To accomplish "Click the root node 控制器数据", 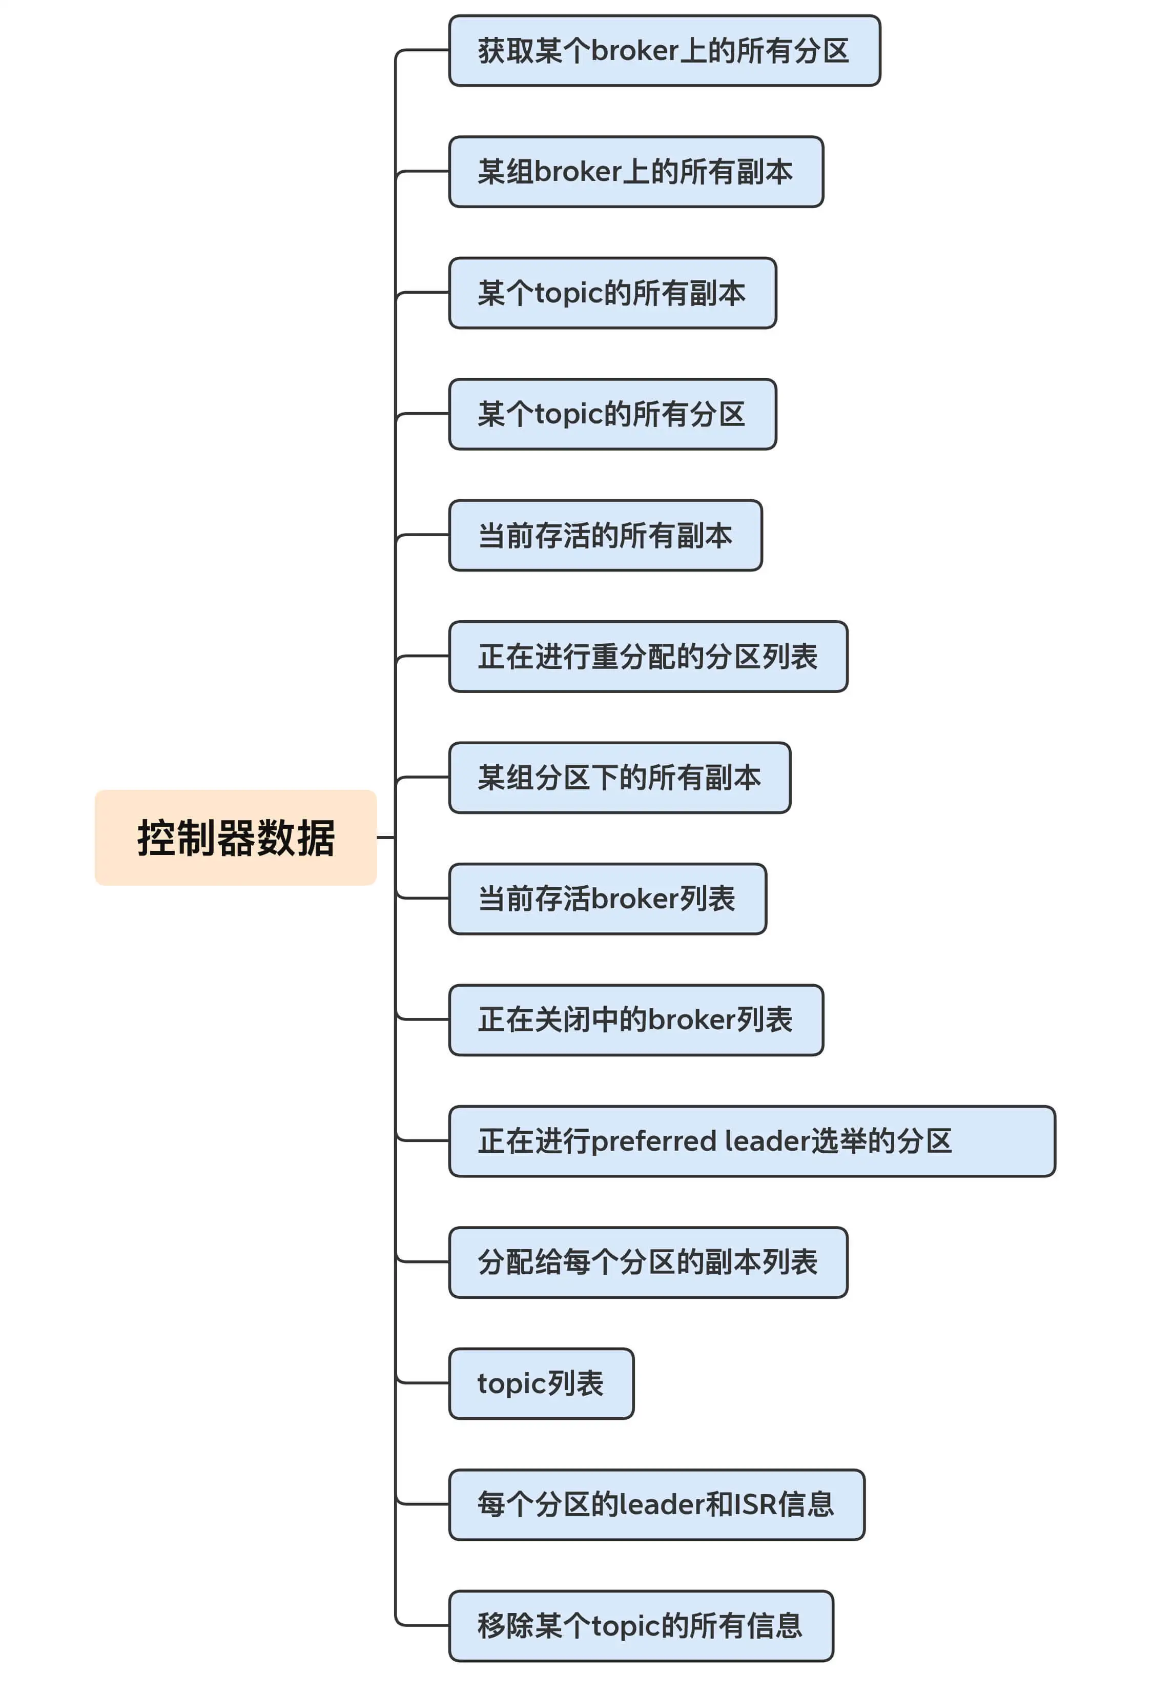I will pyautogui.click(x=235, y=837).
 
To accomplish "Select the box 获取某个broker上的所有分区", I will pyautogui.click(x=664, y=50).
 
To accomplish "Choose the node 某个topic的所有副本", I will pyautogui.click(x=612, y=292).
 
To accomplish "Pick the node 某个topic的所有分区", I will pyautogui.click(x=612, y=414).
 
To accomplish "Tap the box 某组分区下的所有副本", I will pyautogui.click(x=619, y=777).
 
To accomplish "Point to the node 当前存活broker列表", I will pyautogui.click(x=607, y=898).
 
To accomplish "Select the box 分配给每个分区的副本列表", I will pyautogui.click(x=648, y=1262).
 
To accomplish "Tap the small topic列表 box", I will pyautogui.click(x=541, y=1383).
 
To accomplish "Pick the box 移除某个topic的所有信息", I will pyautogui.click(x=640, y=1625).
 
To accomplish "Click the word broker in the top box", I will pyautogui.click(x=634, y=50).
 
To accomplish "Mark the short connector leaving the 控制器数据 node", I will pyautogui.click(x=385, y=837).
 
